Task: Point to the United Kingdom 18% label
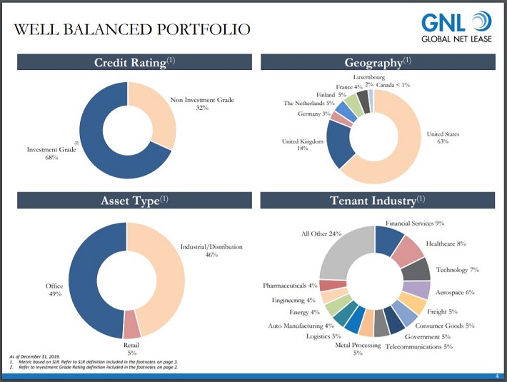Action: coord(303,145)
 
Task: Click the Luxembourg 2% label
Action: coord(369,80)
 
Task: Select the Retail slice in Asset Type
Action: coord(131,326)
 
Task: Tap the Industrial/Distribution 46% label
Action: coord(211,251)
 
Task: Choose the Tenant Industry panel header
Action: coord(377,201)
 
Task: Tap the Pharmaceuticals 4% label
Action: coord(290,286)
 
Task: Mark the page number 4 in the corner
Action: coord(496,376)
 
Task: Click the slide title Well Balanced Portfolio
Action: coord(132,29)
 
